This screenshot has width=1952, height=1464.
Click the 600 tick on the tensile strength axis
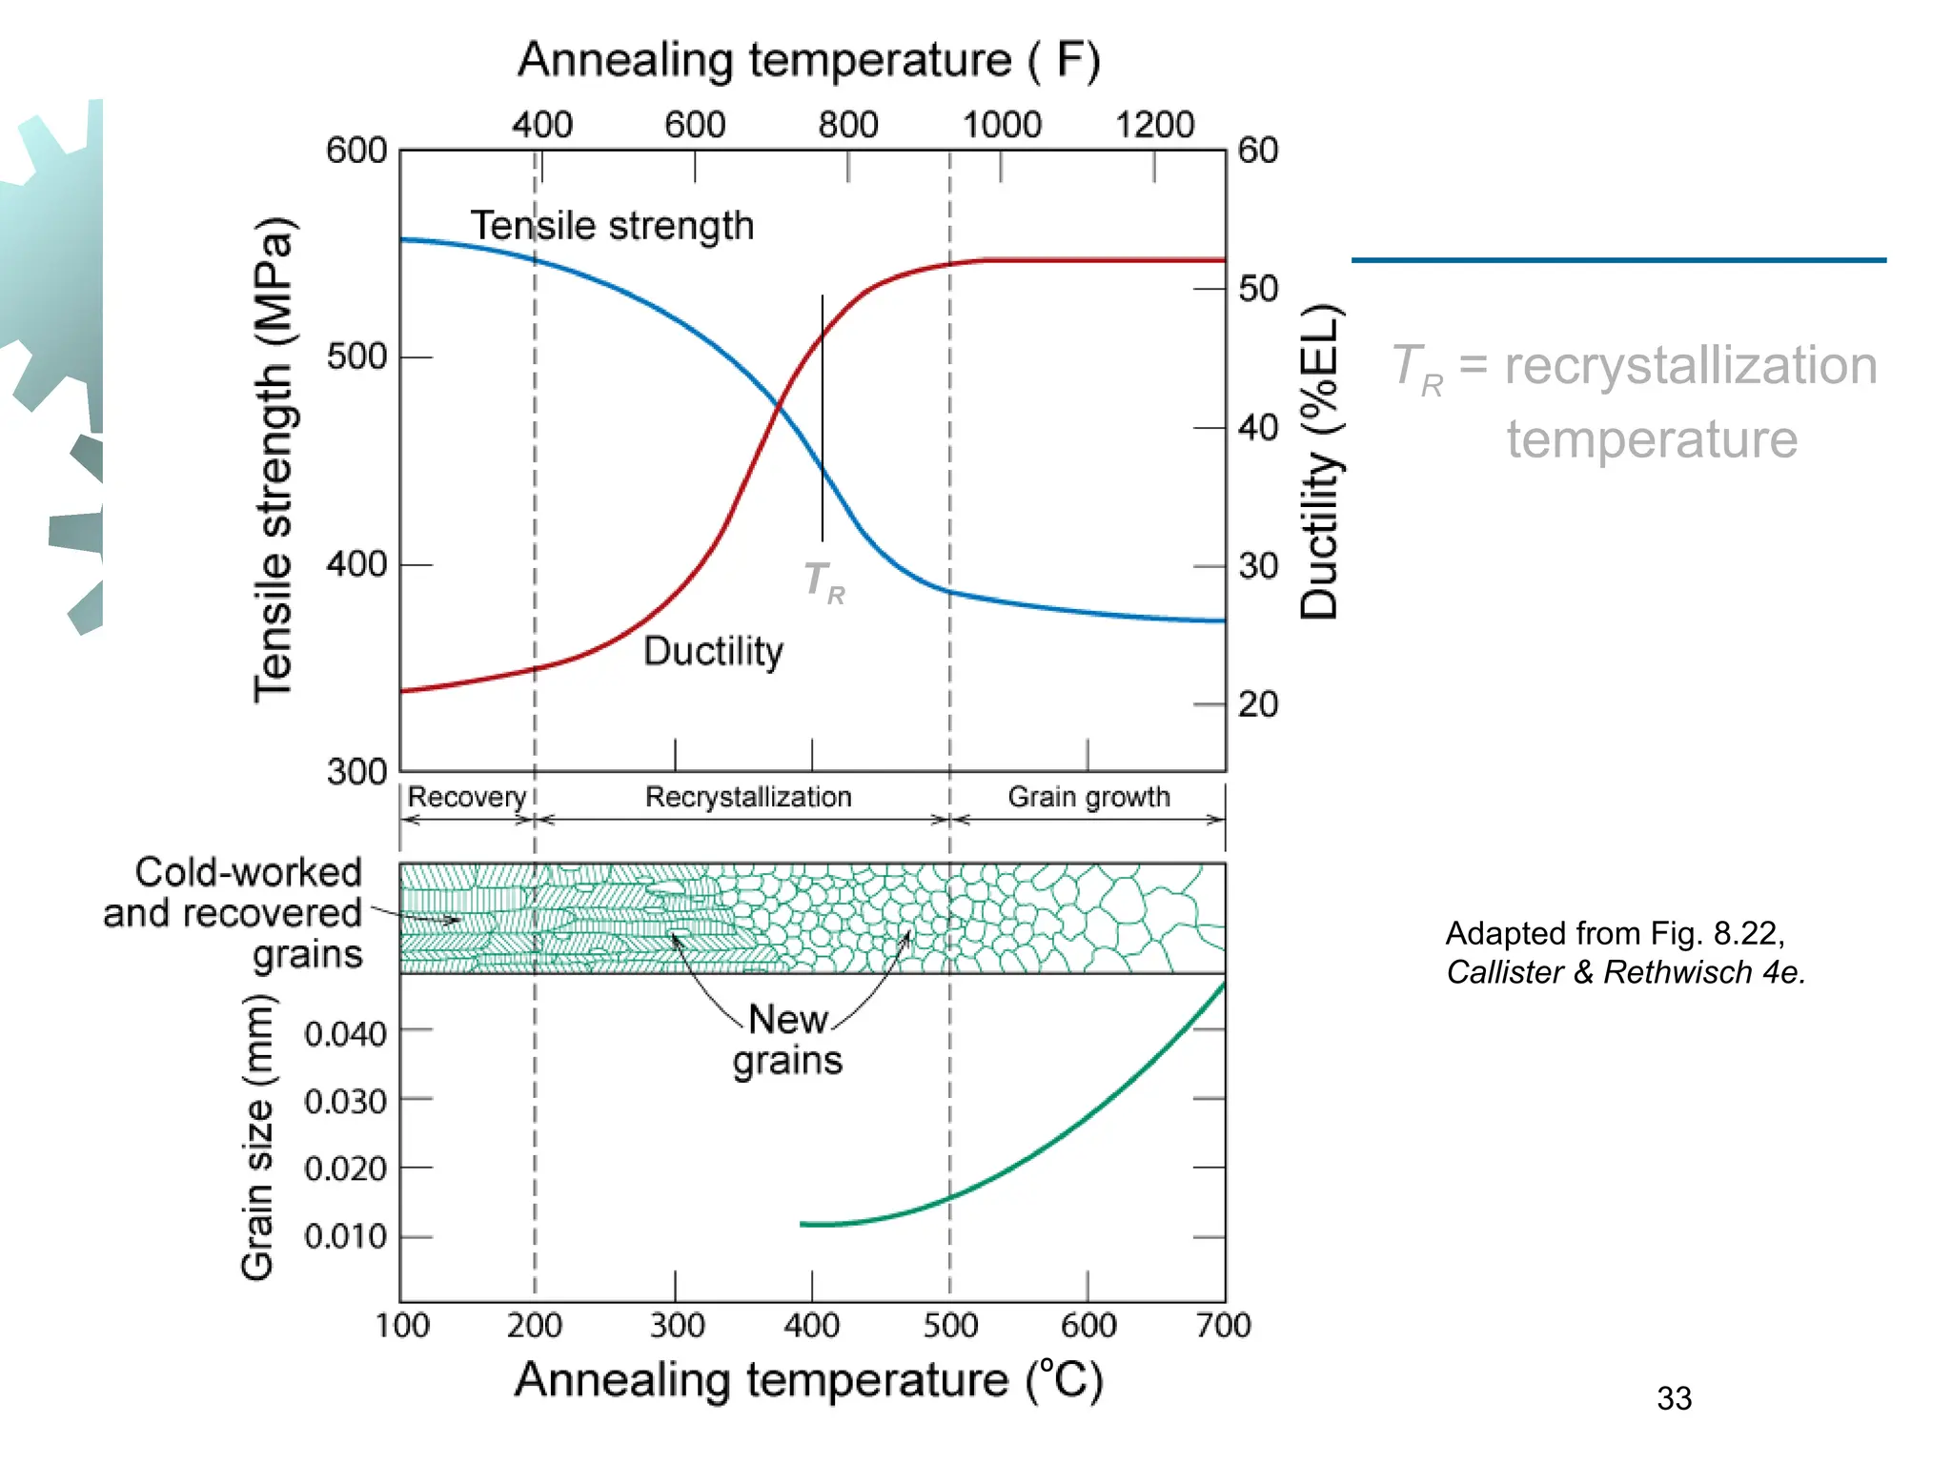click(x=356, y=151)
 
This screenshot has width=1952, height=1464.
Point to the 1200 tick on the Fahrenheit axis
click(x=1154, y=125)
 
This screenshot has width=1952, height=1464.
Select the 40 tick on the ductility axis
click(x=1258, y=428)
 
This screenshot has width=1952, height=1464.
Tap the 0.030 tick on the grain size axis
click(x=345, y=1102)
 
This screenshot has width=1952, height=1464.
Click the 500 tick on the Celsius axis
click(x=950, y=1326)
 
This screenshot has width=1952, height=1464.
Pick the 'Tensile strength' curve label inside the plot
click(x=612, y=227)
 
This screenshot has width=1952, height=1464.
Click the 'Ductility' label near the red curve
click(x=713, y=652)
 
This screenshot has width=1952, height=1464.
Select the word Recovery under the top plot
click(x=466, y=797)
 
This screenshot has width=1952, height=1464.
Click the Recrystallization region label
click(x=748, y=797)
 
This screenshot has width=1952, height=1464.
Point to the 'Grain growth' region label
click(x=1088, y=797)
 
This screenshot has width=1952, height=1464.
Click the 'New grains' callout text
click(x=787, y=1040)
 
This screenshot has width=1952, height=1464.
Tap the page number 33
click(x=1674, y=1398)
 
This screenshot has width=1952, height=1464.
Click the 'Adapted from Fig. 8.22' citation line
click(x=1615, y=933)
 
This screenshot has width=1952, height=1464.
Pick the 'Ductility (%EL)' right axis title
click(x=1321, y=462)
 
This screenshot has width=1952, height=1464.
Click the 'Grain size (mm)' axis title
click(x=257, y=1136)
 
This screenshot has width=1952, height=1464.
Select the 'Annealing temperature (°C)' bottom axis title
click(x=808, y=1380)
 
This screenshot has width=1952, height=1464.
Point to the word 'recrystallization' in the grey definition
click(x=1690, y=366)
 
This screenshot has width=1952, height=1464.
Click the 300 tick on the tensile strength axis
click(x=356, y=771)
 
